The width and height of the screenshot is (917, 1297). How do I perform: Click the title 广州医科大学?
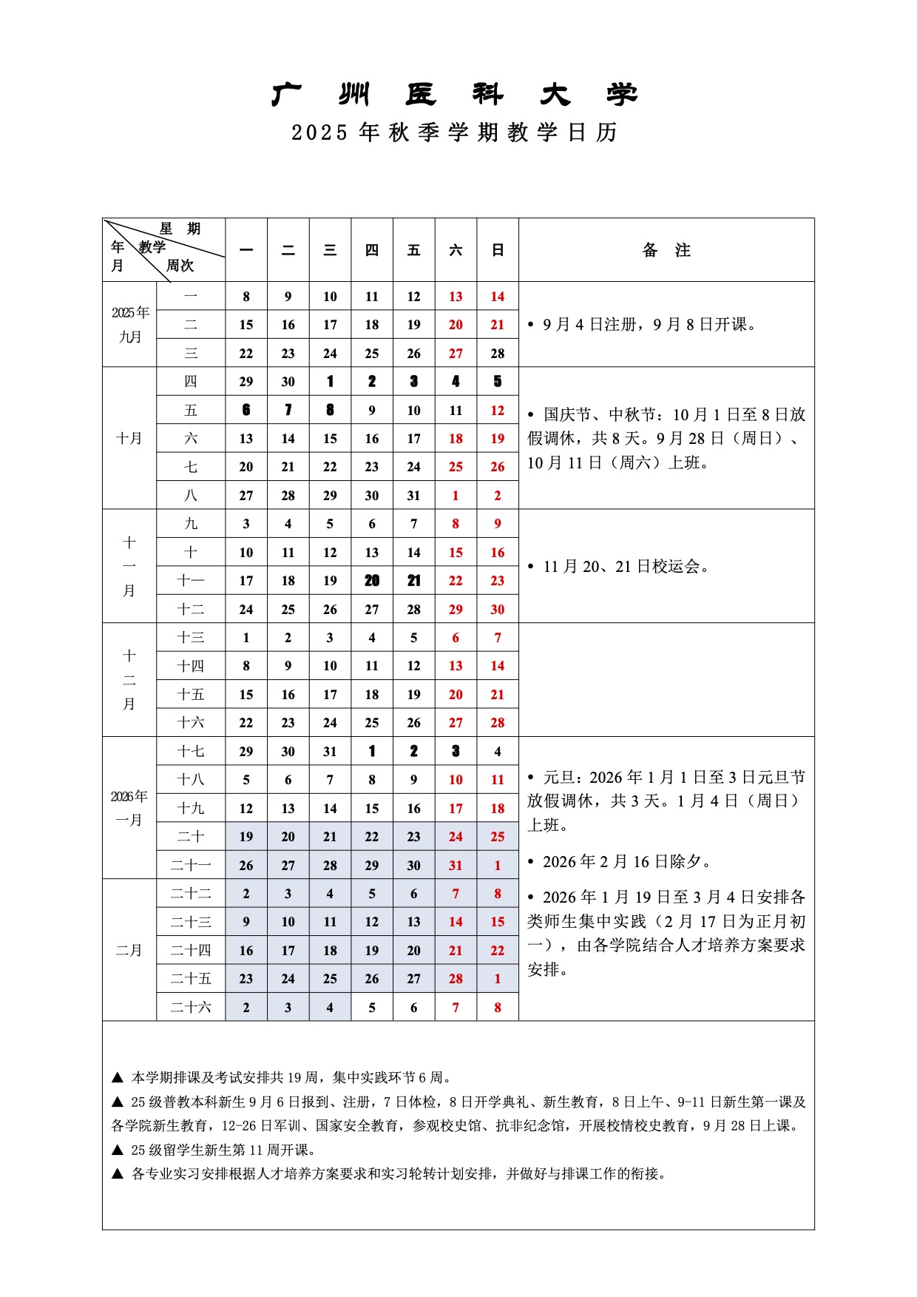click(454, 95)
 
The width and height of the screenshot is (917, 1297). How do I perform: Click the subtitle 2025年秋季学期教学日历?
click(454, 132)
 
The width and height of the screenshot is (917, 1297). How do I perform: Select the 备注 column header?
click(666, 250)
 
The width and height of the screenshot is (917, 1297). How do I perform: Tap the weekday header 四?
click(372, 250)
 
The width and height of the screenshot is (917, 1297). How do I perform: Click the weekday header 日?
click(498, 250)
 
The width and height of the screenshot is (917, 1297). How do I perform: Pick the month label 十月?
click(129, 438)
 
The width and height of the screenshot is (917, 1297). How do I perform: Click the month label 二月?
click(129, 950)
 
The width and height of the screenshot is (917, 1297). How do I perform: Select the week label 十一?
click(191, 581)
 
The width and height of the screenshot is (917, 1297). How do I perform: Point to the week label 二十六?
click(191, 1007)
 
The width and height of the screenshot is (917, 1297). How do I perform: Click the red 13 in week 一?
click(456, 297)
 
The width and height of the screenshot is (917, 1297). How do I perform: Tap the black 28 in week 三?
click(498, 354)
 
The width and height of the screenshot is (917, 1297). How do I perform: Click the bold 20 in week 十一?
click(372, 581)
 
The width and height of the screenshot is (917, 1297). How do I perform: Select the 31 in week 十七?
click(330, 752)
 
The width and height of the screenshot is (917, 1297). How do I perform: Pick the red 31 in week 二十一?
click(456, 866)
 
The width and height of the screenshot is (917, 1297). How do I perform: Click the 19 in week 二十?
click(246, 837)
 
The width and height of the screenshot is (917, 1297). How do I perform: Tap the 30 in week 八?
click(372, 496)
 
